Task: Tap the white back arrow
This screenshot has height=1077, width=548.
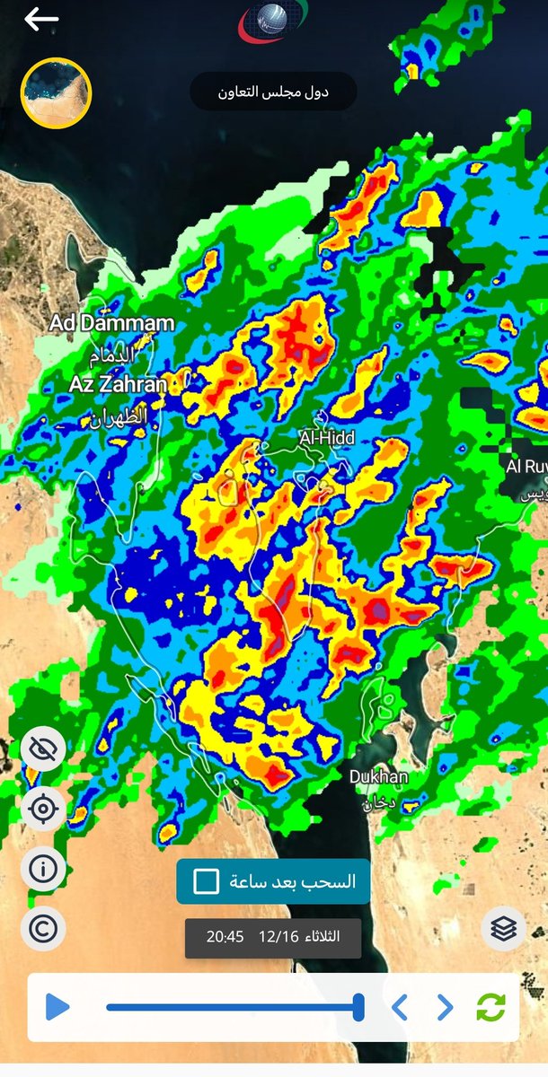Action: pos(41,19)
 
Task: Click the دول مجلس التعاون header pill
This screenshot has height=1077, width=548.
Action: pos(273,92)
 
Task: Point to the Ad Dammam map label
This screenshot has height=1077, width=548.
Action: pos(112,323)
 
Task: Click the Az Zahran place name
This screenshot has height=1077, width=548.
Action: pos(118,385)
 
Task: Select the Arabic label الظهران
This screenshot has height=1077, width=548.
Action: pos(118,418)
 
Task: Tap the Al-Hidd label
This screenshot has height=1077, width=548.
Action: pos(327,438)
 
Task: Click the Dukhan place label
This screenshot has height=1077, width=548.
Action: pos(378,777)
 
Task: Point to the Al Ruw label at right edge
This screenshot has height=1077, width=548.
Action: pos(526,467)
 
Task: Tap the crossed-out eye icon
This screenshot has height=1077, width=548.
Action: pos(43,751)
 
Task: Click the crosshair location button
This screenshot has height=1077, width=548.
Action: pos(43,810)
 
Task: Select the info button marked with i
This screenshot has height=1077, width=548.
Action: pos(43,868)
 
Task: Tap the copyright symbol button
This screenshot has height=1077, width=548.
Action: pos(43,928)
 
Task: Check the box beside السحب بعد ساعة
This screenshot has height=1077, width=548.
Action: pos(207,881)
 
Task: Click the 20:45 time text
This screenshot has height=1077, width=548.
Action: pos(225,937)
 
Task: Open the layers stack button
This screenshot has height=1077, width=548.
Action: pos(504,929)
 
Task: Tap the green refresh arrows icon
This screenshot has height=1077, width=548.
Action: pos(491,1007)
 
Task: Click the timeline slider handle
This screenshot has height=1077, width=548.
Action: pos(358,1007)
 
